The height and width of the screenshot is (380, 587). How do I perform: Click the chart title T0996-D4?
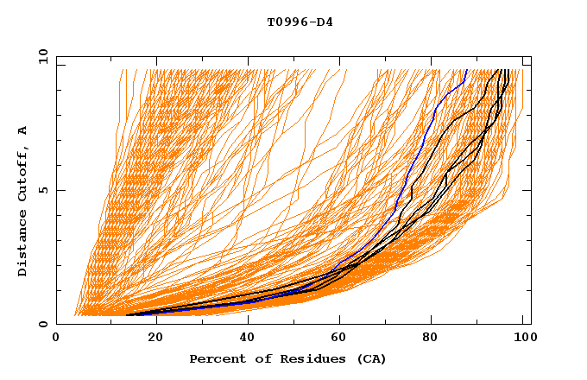[300, 22]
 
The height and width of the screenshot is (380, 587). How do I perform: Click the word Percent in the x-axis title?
[213, 358]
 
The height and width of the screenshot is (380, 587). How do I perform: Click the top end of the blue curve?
[467, 71]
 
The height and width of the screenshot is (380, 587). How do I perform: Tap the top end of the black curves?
[507, 71]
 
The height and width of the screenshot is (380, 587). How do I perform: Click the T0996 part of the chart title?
[287, 22]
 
